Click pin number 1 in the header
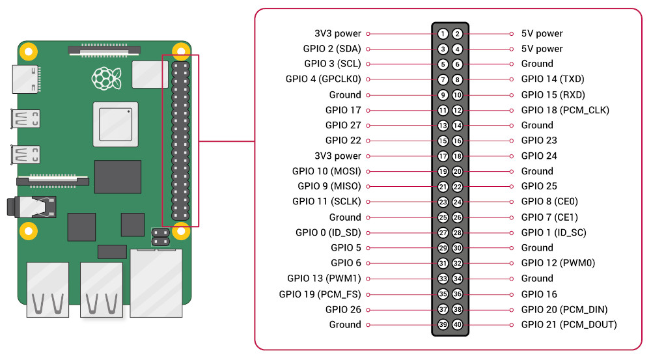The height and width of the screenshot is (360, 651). tap(443, 33)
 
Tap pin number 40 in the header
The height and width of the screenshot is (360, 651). tap(458, 325)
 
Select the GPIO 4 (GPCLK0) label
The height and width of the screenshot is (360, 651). tap(323, 79)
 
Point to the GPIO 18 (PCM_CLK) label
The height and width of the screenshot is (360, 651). tap(565, 110)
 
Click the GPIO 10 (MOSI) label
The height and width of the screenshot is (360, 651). tap(326, 171)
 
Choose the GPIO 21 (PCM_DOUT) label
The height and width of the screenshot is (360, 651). tap(568, 325)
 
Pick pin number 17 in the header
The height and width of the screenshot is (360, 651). tap(443, 156)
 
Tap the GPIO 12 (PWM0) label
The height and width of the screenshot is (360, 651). tap(558, 263)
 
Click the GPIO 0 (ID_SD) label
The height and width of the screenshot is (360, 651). tap(328, 232)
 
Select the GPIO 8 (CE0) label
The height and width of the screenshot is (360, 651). tap(549, 202)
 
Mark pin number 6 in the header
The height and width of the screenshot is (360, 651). tap(458, 64)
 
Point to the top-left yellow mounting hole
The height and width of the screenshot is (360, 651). tap(28, 50)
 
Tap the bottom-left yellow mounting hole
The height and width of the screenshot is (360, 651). tap(28, 229)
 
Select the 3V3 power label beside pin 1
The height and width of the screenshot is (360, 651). tap(337, 33)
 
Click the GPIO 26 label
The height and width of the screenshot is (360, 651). tap(343, 310)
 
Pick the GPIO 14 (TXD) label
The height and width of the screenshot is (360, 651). tap(553, 79)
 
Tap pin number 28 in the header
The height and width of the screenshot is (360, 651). tap(458, 232)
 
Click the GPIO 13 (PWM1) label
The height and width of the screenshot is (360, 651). tap(324, 279)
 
